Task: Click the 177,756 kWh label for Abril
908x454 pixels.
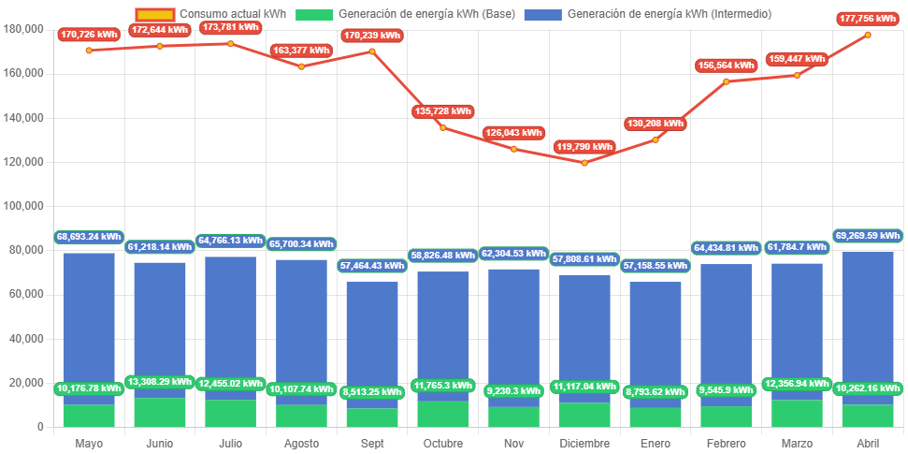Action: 868,19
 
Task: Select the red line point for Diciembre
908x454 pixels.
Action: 584,163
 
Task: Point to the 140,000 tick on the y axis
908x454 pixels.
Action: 25,118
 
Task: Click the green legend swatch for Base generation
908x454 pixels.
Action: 314,14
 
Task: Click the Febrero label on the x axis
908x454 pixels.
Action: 727,443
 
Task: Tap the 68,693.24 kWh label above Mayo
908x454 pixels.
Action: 89,237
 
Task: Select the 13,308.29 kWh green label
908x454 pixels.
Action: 160,382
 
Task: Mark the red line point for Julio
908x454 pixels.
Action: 230,43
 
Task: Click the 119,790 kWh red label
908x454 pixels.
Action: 584,146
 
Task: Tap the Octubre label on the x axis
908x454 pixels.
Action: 443,443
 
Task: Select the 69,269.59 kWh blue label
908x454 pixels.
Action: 867,236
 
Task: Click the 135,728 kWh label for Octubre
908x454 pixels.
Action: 443,111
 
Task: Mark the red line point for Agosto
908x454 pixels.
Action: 301,66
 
